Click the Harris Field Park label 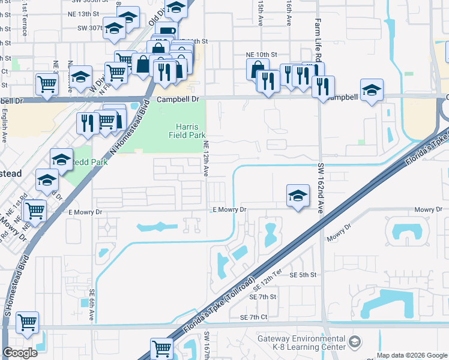coord(191,131)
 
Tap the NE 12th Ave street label coord(205,158)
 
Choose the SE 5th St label coord(303,275)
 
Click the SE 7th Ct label coord(253,317)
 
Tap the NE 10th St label coord(261,54)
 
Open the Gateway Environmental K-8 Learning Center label coord(301,343)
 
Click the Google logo coord(20,353)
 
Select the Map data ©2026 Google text coord(411,355)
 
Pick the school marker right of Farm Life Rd coord(372,91)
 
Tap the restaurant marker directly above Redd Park coord(88,123)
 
